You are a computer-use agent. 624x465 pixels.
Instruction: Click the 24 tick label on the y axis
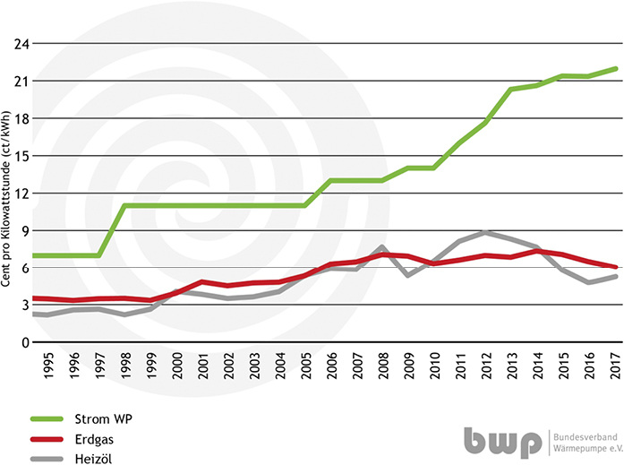tap(21, 44)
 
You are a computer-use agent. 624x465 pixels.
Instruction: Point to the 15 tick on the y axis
tap(21, 156)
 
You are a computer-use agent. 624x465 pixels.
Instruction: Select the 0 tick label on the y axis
tap(24, 343)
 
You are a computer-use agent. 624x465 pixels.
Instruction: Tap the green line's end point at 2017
tap(616, 68)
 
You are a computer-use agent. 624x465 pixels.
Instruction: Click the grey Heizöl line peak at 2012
tap(484, 232)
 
